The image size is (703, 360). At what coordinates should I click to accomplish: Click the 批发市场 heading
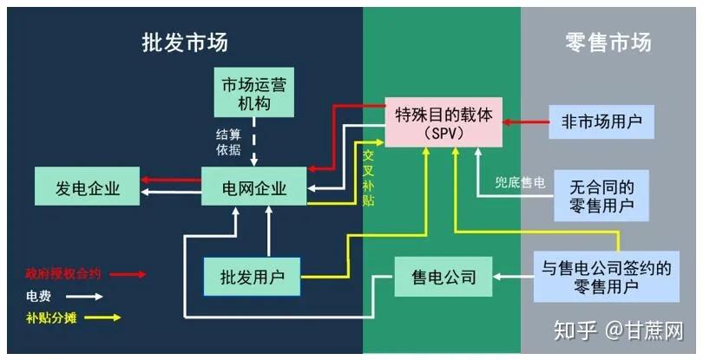point(185,43)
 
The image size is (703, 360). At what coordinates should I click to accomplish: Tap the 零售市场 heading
point(608,43)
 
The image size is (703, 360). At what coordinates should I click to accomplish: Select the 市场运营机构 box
point(254,92)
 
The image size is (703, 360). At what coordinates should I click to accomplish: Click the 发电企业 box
point(88,187)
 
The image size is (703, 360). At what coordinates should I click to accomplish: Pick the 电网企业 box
point(254,187)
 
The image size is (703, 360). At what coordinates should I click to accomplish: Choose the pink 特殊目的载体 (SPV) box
point(443,122)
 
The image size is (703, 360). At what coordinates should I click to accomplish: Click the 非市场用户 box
point(601,121)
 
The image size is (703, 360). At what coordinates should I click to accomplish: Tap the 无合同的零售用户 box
point(601,195)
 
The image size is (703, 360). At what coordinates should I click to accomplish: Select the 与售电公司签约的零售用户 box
point(607,277)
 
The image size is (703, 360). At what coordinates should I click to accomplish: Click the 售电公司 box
point(443,277)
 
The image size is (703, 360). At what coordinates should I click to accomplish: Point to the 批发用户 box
point(252,277)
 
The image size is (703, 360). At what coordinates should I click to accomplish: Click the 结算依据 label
point(228,142)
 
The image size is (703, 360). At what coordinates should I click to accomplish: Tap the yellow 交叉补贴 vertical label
point(368,178)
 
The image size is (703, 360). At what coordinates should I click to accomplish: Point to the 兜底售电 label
point(520,182)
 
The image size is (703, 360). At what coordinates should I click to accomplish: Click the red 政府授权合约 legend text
point(63,273)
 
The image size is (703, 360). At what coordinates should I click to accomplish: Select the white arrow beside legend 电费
point(84,297)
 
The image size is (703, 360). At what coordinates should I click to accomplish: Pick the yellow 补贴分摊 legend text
point(51,317)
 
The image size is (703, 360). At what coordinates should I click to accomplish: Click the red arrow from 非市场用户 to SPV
point(525,122)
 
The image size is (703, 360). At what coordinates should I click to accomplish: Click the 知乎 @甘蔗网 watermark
point(619,331)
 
